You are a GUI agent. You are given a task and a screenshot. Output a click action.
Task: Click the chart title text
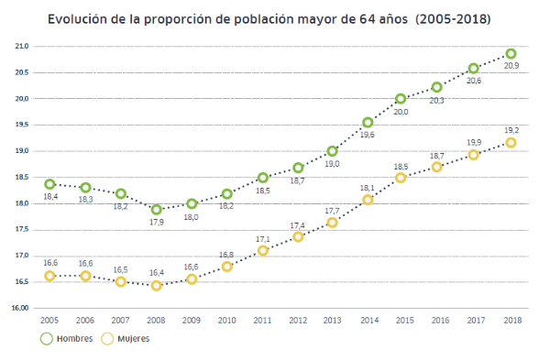tap(275, 17)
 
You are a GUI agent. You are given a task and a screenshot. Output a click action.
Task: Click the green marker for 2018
tap(511, 54)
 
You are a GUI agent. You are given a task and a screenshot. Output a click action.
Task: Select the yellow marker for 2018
tap(511, 143)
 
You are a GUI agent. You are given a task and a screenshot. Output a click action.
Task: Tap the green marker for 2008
tap(157, 209)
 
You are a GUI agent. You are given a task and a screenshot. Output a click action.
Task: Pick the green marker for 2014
tap(368, 122)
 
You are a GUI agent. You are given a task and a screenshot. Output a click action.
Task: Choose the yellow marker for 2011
tap(263, 250)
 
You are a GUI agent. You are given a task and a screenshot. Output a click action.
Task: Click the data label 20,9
tap(511, 67)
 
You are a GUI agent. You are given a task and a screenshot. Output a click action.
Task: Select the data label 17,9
tap(158, 222)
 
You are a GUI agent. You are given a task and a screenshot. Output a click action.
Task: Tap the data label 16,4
tap(156, 272)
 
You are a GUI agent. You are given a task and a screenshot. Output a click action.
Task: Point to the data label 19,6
tap(368, 135)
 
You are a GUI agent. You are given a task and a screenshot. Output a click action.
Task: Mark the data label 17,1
tap(262, 237)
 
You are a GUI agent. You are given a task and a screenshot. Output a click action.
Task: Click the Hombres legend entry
tap(69, 338)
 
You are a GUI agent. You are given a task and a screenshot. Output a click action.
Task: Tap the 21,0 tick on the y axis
tap(21, 46)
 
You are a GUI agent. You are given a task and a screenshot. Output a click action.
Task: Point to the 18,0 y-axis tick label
tap(21, 203)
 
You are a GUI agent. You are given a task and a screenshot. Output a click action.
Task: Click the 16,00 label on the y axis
tap(20, 308)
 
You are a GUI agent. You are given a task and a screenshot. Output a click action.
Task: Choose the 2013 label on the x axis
tap(333, 320)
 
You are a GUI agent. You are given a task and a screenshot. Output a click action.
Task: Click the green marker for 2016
tap(438, 87)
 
